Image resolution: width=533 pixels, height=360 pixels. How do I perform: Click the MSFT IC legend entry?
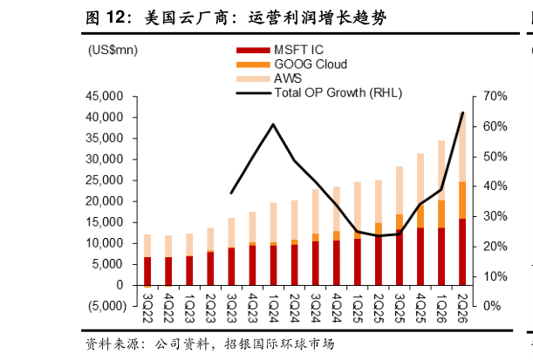click(280, 50)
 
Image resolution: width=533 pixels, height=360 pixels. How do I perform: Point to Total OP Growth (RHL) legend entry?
click(319, 92)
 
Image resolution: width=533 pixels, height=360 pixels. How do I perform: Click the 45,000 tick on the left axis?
click(105, 96)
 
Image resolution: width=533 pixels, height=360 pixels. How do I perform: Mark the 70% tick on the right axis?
click(495, 96)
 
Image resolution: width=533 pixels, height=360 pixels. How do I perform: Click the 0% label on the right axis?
click(492, 306)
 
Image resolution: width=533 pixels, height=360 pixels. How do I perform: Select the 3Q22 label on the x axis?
click(147, 308)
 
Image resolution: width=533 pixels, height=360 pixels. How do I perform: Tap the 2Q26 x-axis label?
click(462, 308)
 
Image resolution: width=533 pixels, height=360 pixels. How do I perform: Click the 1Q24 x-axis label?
click(273, 308)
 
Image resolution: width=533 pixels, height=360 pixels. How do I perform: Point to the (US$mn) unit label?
click(113, 50)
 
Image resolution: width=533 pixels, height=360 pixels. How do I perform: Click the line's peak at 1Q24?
click(273, 125)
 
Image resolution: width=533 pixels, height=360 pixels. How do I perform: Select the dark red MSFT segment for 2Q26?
click(462, 252)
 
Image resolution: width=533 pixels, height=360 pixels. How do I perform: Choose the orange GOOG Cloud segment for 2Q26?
click(462, 200)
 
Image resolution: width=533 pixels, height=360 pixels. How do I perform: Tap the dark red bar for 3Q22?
click(147, 271)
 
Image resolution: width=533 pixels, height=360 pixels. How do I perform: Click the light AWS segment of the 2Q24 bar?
click(294, 220)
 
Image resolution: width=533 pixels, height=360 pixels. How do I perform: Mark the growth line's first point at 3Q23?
click(231, 193)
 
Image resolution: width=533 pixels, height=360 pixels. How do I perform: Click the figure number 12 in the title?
click(115, 17)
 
